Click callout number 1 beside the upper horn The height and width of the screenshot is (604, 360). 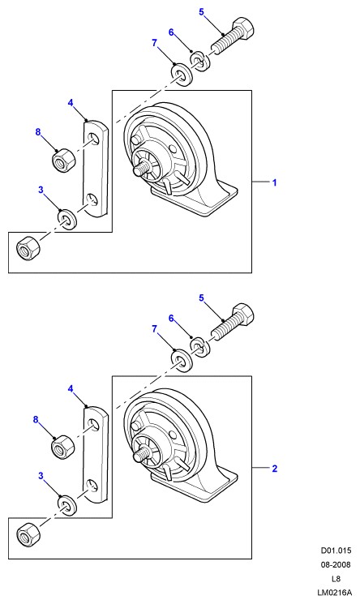pos(274,182)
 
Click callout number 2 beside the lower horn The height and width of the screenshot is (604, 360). pos(274,469)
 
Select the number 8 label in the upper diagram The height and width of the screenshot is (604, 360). pos(38,132)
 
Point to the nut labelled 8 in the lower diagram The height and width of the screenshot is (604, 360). pos(62,447)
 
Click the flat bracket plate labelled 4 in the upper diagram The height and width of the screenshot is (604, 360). pos(96,169)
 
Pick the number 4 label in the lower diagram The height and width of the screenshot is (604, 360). pos(71,388)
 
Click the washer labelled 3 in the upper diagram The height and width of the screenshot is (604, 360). pos(67,219)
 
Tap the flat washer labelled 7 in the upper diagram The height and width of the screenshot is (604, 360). pos(181,75)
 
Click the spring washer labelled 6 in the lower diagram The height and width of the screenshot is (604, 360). pos(199,347)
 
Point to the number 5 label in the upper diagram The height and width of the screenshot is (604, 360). pos(201,12)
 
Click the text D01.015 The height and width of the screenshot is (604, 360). pos(336,550)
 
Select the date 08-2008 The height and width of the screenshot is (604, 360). pos(336,565)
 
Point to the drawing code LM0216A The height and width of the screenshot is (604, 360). pos(334,593)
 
